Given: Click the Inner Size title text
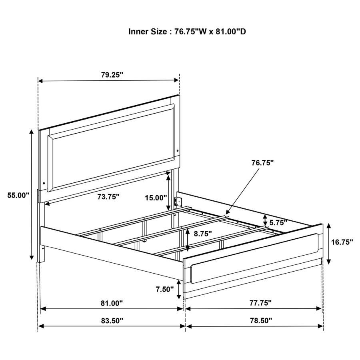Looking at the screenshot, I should point(187,31).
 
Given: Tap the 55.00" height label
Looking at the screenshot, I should point(18,195).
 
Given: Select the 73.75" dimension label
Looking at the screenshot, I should point(108,196).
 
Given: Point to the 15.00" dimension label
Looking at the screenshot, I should point(156,197).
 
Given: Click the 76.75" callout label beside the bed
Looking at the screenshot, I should point(262,163).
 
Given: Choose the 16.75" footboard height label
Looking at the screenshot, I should point(342,242).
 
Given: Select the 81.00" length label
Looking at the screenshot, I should point(112,303).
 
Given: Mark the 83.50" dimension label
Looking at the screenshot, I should point(112,320).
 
